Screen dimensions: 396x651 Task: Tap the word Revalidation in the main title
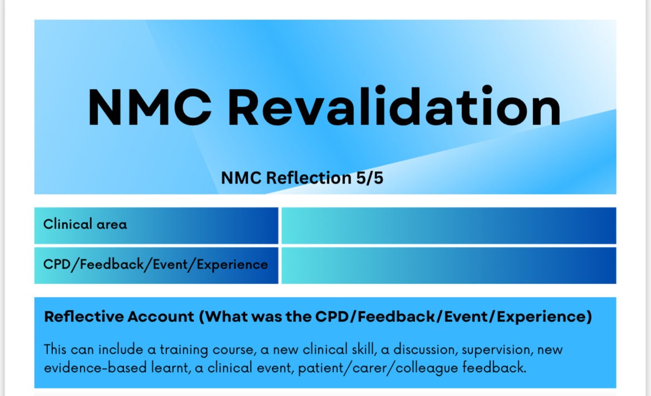(394, 107)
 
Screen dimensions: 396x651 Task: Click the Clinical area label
(85, 225)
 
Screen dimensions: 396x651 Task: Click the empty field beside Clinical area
(448, 225)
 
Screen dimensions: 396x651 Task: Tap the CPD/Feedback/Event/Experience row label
(156, 265)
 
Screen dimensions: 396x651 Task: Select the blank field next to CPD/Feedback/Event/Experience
(448, 265)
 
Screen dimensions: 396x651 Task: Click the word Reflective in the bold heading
(83, 316)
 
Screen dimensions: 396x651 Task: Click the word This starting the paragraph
(56, 350)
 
